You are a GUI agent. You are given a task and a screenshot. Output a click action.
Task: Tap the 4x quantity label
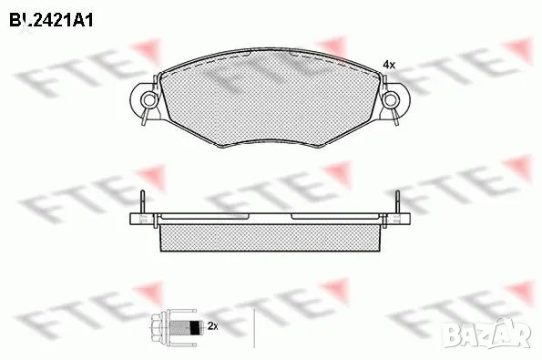tap(389, 66)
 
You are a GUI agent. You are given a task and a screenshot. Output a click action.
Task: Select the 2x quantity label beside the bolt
tap(212, 325)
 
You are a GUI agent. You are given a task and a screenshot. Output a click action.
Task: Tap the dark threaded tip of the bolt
tap(193, 325)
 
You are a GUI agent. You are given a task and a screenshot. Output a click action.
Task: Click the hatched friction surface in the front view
tap(271, 100)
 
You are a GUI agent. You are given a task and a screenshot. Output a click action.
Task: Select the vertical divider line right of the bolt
tap(254, 325)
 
